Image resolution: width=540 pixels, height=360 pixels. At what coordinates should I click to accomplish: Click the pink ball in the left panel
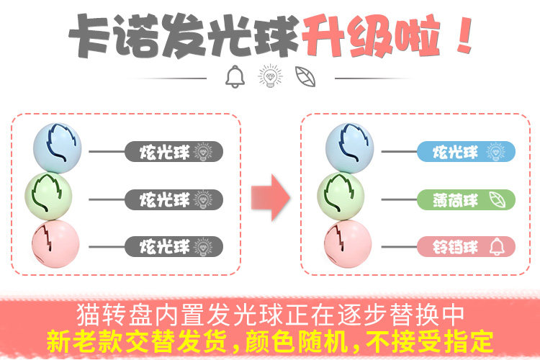click(x=56, y=243)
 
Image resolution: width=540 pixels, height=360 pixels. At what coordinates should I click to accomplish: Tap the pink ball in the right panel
click(x=348, y=243)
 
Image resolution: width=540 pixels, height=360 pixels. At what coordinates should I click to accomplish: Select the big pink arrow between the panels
click(x=270, y=197)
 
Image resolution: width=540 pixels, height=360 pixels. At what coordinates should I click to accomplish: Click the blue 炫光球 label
click(x=466, y=152)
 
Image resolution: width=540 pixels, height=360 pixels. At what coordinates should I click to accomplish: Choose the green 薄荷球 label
click(x=466, y=199)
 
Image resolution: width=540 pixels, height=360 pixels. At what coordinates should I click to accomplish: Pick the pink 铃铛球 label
click(x=466, y=247)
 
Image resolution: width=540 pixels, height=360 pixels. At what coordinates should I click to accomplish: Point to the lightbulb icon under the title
click(x=270, y=76)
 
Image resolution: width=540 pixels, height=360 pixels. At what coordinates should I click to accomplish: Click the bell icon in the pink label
click(x=496, y=247)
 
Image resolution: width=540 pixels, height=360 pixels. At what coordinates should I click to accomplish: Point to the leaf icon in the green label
click(x=496, y=199)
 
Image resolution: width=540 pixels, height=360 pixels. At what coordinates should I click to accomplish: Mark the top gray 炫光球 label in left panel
click(x=174, y=151)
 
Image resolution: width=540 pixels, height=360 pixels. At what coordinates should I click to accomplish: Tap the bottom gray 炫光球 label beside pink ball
click(x=174, y=246)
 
